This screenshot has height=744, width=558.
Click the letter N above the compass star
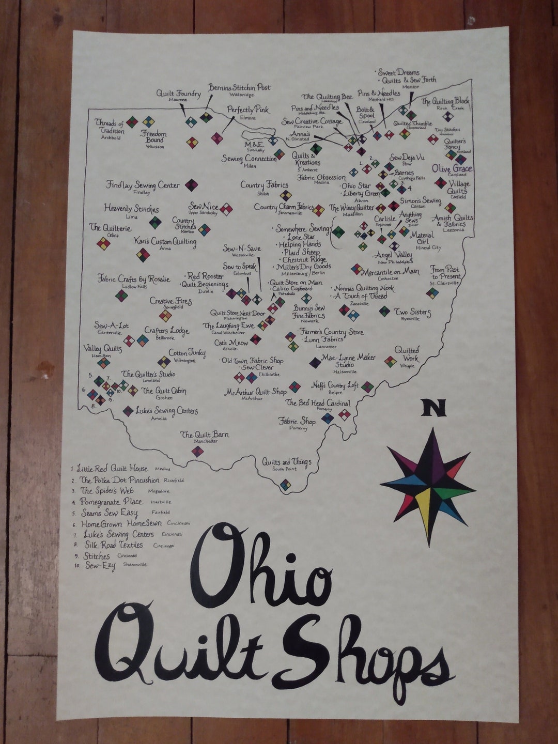click(x=433, y=408)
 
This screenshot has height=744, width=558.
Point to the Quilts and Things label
click(x=286, y=461)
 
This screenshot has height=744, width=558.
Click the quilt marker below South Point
click(x=285, y=485)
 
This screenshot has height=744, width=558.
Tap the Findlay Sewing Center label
click(x=143, y=185)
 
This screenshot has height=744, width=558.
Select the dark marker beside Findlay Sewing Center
click(x=191, y=185)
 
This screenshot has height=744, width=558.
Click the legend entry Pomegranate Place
click(x=111, y=502)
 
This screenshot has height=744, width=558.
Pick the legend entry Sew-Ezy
click(x=100, y=566)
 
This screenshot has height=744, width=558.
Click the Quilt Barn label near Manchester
click(x=205, y=435)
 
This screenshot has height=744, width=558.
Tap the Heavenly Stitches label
click(x=131, y=209)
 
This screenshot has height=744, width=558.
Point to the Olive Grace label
click(x=452, y=168)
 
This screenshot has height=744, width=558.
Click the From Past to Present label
click(x=445, y=273)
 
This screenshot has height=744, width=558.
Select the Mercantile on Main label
click(x=390, y=272)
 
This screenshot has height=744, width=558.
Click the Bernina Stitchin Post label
click(x=239, y=87)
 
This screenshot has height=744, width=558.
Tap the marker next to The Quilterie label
click(x=103, y=243)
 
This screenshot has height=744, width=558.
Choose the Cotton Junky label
click(x=187, y=353)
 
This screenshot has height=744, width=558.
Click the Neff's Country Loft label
click(x=334, y=385)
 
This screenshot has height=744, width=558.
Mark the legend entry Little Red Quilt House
click(x=112, y=469)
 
